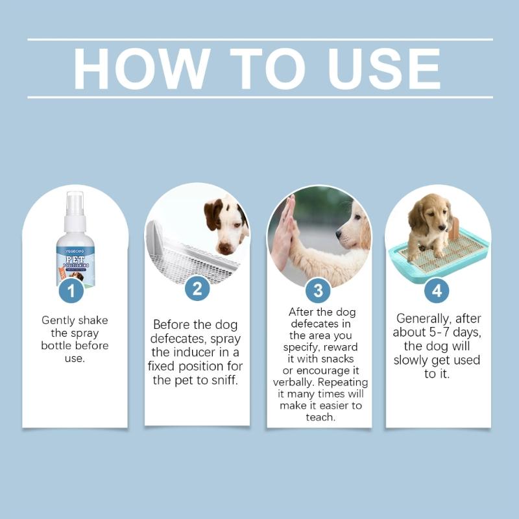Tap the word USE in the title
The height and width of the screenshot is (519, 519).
pos(385,68)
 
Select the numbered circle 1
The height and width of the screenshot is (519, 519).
pos(72,291)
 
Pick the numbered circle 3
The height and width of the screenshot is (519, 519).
pos(318,291)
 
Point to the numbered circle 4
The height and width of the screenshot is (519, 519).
pos(437,291)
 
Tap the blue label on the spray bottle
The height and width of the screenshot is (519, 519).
pos(75,263)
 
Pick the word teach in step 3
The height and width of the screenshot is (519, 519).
pos(320,417)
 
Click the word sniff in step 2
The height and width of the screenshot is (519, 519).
pos(222,380)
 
